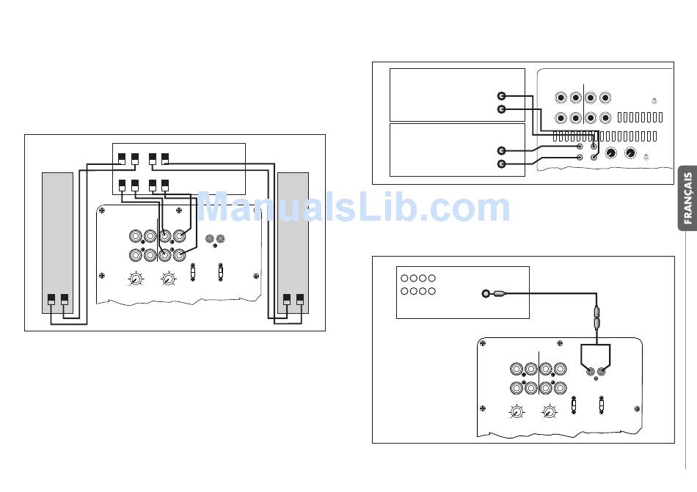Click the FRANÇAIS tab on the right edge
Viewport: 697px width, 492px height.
[687, 198]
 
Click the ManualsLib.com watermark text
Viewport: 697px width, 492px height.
[354, 207]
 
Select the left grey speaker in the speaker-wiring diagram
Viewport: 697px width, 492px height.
[57, 243]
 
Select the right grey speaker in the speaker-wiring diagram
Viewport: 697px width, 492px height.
[293, 243]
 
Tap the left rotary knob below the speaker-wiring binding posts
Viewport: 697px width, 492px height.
[136, 279]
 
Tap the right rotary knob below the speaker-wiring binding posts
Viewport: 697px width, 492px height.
[168, 279]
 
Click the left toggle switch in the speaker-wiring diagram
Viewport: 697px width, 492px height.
[192, 272]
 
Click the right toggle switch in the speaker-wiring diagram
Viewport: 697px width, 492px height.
[221, 272]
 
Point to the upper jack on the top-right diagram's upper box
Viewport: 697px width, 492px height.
[501, 96]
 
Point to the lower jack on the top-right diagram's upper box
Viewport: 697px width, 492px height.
[501, 109]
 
